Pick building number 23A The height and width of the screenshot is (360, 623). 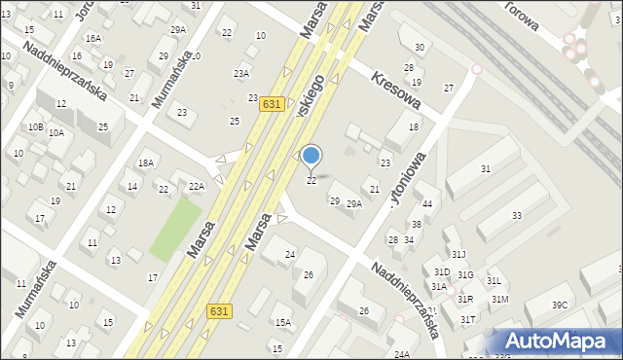[240, 73]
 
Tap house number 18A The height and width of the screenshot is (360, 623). [146, 162]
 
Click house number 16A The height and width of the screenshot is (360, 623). [92, 38]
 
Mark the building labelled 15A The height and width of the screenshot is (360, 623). [282, 322]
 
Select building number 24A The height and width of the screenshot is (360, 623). [402, 354]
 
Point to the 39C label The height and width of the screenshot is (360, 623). [560, 305]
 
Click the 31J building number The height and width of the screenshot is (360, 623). [459, 255]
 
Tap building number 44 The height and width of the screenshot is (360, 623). [426, 202]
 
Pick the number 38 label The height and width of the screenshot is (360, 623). [416, 224]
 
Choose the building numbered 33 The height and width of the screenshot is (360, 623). [517, 215]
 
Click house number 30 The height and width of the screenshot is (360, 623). [419, 47]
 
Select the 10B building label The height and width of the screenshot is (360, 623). [35, 126]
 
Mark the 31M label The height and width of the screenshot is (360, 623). [499, 299]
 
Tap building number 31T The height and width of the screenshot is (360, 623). [468, 319]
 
